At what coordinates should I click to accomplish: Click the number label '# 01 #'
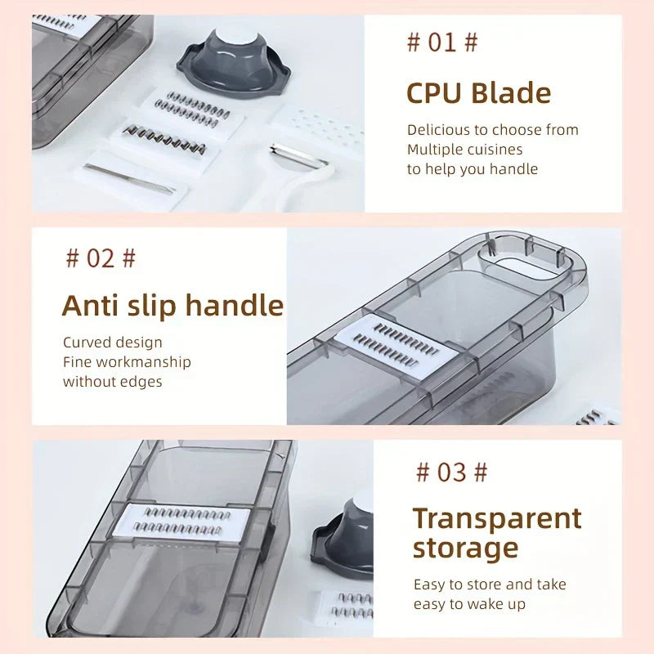click(442, 43)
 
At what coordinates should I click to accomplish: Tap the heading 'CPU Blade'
click(479, 93)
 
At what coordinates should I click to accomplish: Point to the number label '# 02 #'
click(101, 258)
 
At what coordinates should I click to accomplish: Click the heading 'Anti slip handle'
click(172, 306)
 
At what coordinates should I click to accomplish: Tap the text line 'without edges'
click(113, 382)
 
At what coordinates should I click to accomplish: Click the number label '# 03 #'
click(452, 473)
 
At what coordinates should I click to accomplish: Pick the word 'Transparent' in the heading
click(497, 519)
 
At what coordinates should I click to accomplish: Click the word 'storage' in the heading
click(465, 549)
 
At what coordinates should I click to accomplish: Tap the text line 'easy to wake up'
click(469, 604)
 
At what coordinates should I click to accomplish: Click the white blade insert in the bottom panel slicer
click(181, 522)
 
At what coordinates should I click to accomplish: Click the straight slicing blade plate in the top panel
click(130, 178)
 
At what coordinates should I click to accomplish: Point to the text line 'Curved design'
click(113, 343)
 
